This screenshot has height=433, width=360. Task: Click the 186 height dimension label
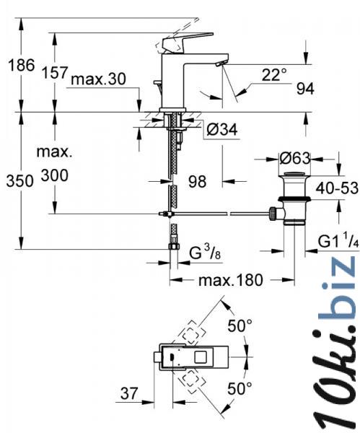click(x=22, y=65)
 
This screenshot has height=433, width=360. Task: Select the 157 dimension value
click(x=54, y=73)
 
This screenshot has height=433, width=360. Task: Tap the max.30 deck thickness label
click(x=98, y=79)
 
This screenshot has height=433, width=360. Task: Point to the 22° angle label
click(x=274, y=74)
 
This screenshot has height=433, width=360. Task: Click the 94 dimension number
click(x=305, y=89)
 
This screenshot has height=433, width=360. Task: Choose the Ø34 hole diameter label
click(x=221, y=129)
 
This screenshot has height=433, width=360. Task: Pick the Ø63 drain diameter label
click(x=295, y=159)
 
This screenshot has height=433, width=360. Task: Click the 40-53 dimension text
click(x=337, y=188)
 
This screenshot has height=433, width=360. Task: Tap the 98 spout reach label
click(x=197, y=182)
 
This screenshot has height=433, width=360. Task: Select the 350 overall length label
click(x=20, y=181)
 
